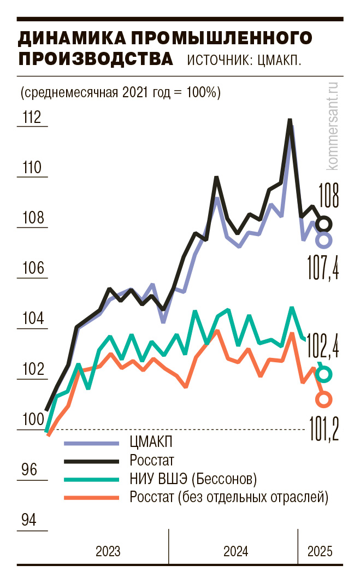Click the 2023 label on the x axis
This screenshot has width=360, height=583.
coord(108,551)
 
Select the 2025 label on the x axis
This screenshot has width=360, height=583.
coord(320,551)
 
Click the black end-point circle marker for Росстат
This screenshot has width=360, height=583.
coord(324,223)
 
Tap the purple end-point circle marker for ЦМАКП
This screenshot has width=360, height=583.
coord(324,240)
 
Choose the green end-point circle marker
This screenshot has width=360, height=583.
coord(324,374)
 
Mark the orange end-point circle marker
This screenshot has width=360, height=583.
coord(324,399)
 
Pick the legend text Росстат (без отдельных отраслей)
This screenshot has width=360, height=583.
coord(229,498)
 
